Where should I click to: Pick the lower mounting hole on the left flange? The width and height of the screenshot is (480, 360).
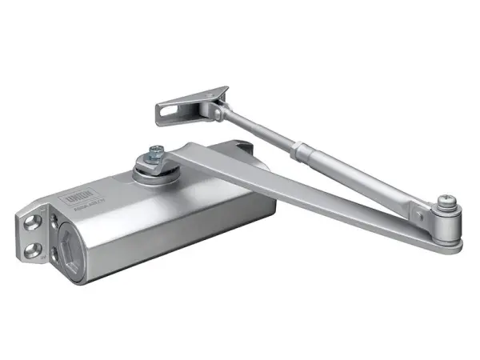click(33, 251)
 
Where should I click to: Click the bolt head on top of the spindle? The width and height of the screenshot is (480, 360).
click(154, 151)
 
